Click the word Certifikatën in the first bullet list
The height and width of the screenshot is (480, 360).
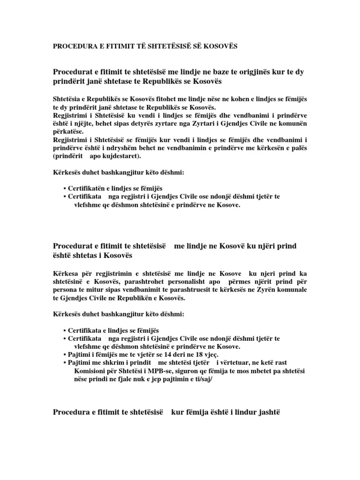[89, 187]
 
